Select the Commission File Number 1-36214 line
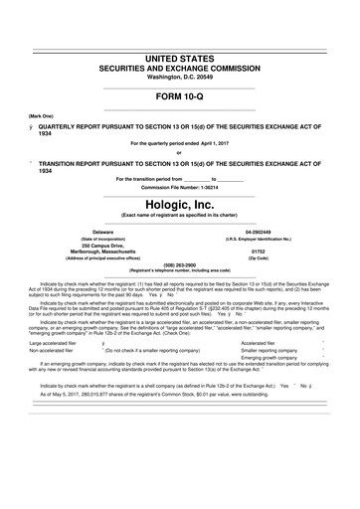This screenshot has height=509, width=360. click(179, 188)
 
